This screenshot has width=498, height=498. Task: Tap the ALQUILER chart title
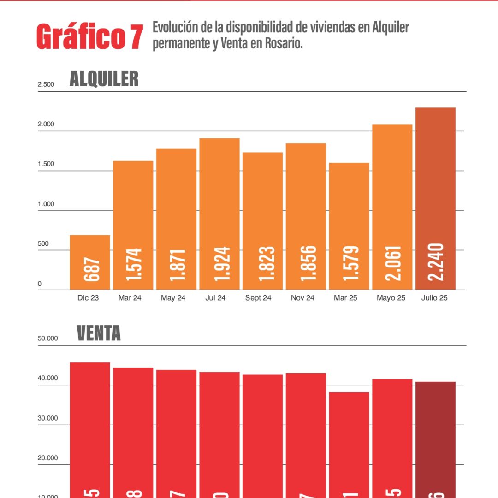(104, 79)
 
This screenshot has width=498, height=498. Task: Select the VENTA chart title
(99, 333)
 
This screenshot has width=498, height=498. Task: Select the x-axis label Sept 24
(258, 298)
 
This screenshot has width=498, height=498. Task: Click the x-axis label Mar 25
(346, 298)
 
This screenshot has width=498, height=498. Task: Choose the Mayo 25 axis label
(391, 298)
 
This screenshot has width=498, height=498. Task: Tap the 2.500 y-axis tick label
(46, 84)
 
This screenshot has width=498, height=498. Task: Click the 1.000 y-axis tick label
(46, 204)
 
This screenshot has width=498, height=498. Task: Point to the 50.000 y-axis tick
(48, 338)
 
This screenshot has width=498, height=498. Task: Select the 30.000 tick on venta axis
(48, 418)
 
